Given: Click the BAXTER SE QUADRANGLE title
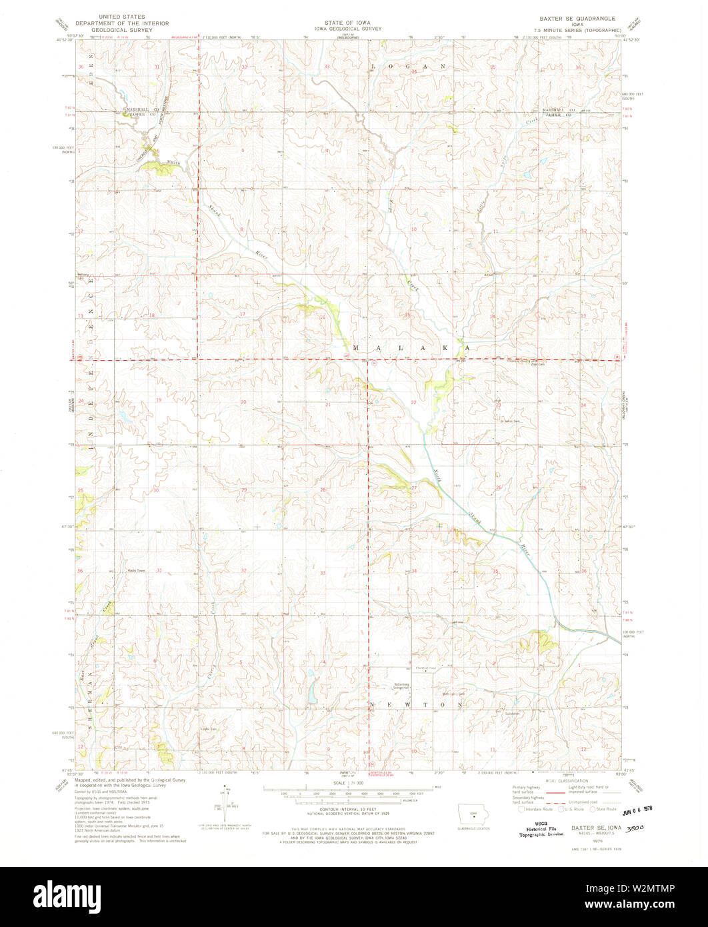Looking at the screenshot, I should click(578, 18).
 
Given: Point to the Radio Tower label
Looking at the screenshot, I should click(137, 571).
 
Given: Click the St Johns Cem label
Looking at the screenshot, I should click(510, 421).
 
